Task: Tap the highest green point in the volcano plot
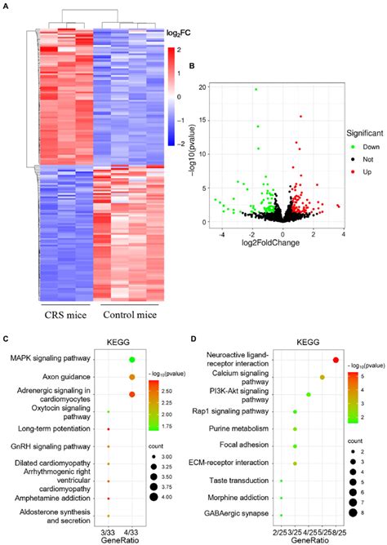coord(256,90)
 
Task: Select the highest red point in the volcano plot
coord(300,117)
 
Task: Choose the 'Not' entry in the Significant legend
coord(347,159)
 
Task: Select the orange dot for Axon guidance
coord(131,377)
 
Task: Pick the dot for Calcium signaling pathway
coord(322,377)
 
